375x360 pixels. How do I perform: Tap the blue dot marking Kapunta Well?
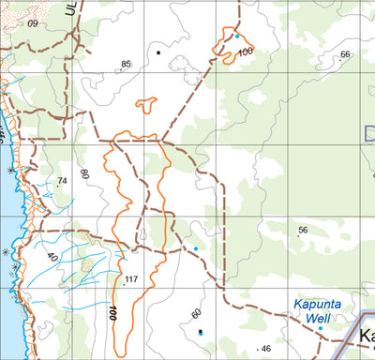pyautogui.click(x=320, y=328)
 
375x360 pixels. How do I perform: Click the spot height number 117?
pyautogui.click(x=130, y=279)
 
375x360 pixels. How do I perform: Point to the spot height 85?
pyautogui.click(x=126, y=65)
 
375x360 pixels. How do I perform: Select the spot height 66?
pyautogui.click(x=345, y=54)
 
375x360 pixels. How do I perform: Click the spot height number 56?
pyautogui.click(x=303, y=230)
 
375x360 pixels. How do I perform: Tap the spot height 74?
pyautogui.click(x=63, y=181)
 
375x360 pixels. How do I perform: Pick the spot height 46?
pyautogui.click(x=265, y=349)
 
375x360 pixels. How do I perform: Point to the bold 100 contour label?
pyautogui.click(x=112, y=312)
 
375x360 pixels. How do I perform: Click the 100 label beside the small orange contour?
pyautogui.click(x=245, y=52)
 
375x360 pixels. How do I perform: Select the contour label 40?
pyautogui.click(x=52, y=256)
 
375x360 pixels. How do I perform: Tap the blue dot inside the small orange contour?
pyautogui.click(x=237, y=37)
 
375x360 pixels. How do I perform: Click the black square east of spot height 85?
pyautogui.click(x=159, y=53)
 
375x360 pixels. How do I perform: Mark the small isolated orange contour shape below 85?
pyautogui.click(x=145, y=106)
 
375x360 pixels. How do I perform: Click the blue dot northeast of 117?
pyautogui.click(x=196, y=248)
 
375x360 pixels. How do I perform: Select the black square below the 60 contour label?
pyautogui.click(x=201, y=332)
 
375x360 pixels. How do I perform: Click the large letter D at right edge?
pyautogui.click(x=368, y=132)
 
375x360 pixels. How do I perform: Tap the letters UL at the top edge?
pyautogui.click(x=69, y=9)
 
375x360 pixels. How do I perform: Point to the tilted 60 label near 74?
pyautogui.click(x=84, y=173)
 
